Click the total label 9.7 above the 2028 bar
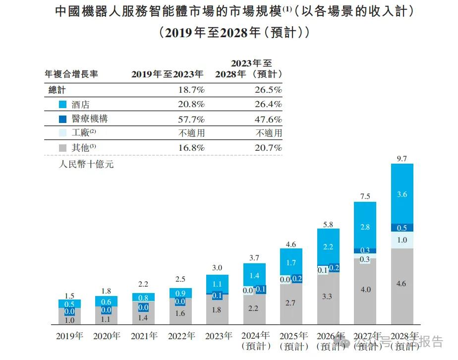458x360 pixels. coord(402,158)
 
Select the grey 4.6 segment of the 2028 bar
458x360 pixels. coord(402,284)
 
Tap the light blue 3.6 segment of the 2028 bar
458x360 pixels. coord(402,194)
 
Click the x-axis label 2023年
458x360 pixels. coord(217,336)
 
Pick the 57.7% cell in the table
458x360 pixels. coord(191,119)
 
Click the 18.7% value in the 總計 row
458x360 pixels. coord(191,90)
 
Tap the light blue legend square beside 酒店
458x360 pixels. coord(62,105)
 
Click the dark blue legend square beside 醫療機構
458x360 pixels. coord(62,119)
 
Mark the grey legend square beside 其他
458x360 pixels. coord(62,148)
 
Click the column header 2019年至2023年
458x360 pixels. coord(167,74)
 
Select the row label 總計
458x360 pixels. coord(57,90)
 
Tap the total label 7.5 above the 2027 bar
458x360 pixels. coord(365,196)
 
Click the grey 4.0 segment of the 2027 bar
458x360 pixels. coord(365,290)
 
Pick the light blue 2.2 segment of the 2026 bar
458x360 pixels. coord(328,246)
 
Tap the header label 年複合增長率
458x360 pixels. coord(71,74)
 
